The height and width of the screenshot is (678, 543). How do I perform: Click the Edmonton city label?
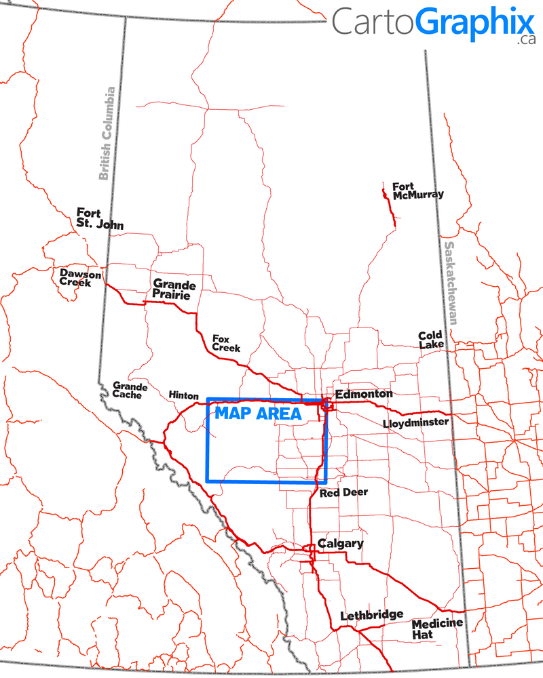pyautogui.click(x=364, y=394)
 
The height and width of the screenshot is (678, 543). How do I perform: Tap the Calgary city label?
pyautogui.click(x=341, y=544)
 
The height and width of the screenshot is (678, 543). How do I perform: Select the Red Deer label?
pyautogui.click(x=343, y=492)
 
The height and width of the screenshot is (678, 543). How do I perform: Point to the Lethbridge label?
pyautogui.click(x=371, y=615)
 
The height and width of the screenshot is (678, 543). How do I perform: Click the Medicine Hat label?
pyautogui.click(x=437, y=629)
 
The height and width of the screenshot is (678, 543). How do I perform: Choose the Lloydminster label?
pyautogui.click(x=415, y=422)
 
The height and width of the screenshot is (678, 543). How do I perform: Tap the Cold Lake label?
pyautogui.click(x=431, y=340)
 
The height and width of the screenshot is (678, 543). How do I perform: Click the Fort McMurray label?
pyautogui.click(x=417, y=191)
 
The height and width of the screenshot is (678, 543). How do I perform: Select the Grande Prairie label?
pyautogui.click(x=174, y=290)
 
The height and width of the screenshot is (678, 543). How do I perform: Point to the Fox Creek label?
pyautogui.click(x=226, y=342)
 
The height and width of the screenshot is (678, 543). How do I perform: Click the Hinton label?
pyautogui.click(x=183, y=395)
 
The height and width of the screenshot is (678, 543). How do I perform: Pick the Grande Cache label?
pyautogui.click(x=127, y=389)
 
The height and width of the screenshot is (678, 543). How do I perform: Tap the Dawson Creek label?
pyautogui.click(x=80, y=278)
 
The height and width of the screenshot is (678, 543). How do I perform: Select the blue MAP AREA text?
pyautogui.click(x=258, y=414)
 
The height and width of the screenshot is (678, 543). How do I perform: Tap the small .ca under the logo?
pyautogui.click(x=525, y=40)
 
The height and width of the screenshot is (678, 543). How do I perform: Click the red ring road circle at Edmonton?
pyautogui.click(x=327, y=405)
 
